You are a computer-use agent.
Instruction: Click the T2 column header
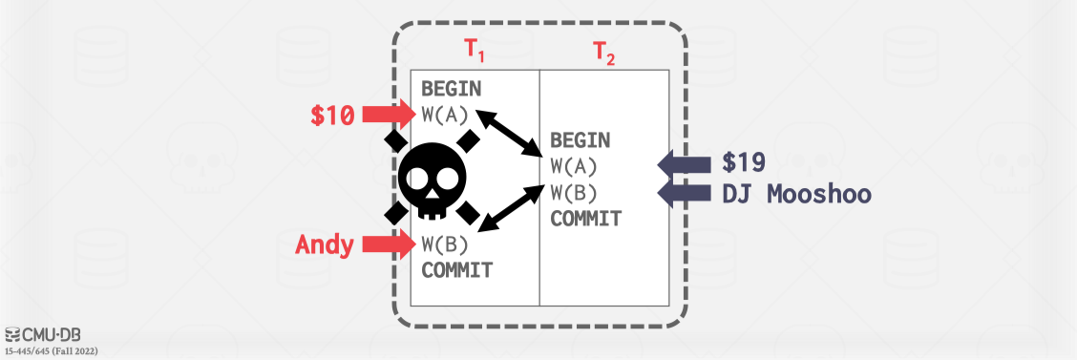604,53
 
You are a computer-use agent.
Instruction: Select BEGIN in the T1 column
452,91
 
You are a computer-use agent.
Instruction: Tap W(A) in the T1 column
444,116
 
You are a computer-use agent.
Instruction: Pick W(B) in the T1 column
444,244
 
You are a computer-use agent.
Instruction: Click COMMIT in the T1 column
457,269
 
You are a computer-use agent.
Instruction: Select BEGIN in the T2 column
580,141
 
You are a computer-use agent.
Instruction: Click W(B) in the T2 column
573,192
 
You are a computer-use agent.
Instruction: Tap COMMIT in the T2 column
585,218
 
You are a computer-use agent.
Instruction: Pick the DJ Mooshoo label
796,193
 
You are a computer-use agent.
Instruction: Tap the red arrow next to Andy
389,244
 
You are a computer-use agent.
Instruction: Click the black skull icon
433,179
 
